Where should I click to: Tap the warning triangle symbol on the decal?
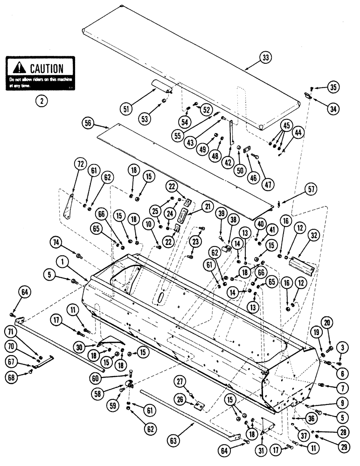pyautogui.click(x=20, y=68)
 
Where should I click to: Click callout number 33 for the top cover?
pyautogui.click(x=265, y=58)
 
